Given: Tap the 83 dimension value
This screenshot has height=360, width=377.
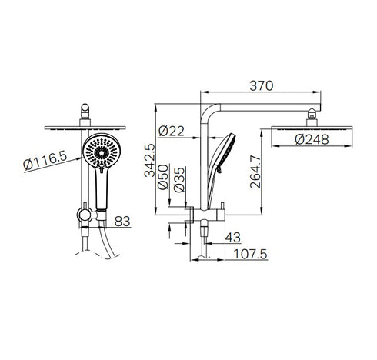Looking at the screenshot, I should pyautogui.click(x=122, y=221).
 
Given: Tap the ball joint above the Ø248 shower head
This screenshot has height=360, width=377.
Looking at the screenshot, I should pyautogui.click(x=312, y=117).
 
